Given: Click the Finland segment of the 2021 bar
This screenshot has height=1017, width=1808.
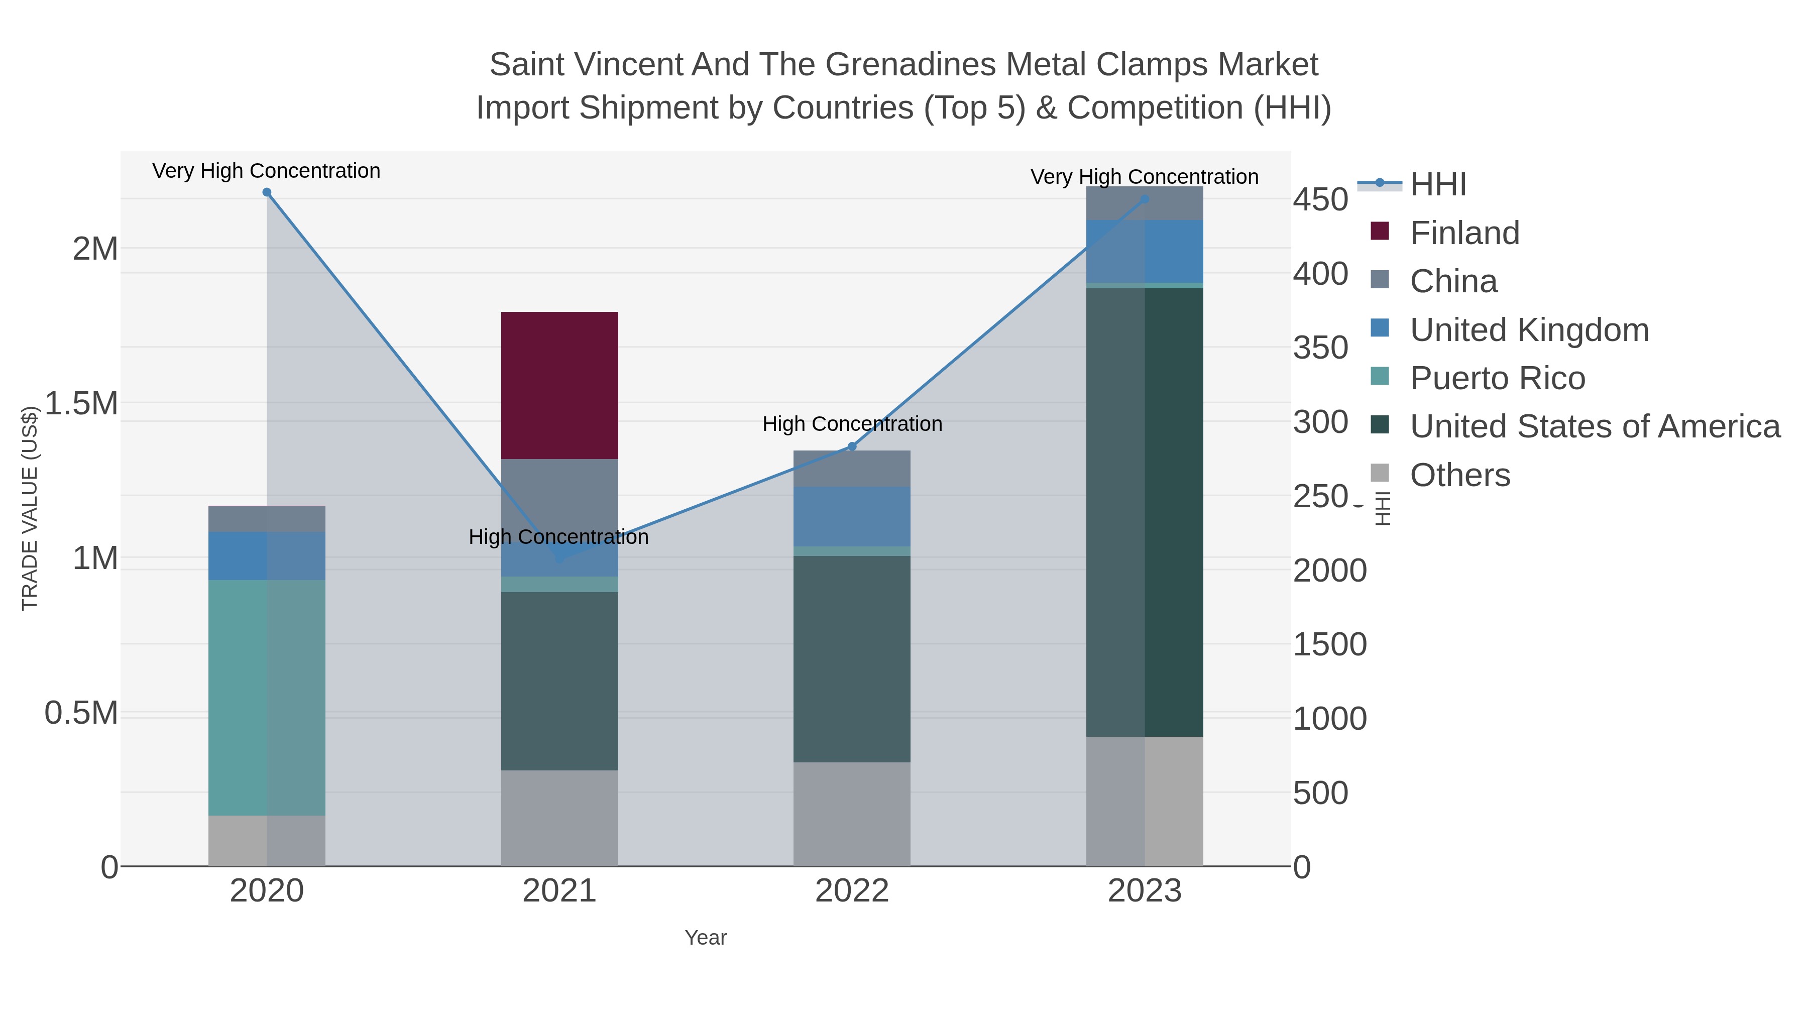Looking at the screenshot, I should pyautogui.click(x=559, y=385).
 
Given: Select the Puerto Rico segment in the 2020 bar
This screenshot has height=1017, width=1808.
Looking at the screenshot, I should pyautogui.click(x=267, y=697).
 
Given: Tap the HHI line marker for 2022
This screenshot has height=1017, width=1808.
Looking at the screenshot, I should pyautogui.click(x=852, y=446).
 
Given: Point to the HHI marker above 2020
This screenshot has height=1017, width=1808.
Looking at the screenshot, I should pyautogui.click(x=267, y=192).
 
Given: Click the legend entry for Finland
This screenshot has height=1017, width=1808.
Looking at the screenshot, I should pyautogui.click(x=1464, y=233).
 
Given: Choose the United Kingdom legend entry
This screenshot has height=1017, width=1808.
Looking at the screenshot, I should pyautogui.click(x=1529, y=330).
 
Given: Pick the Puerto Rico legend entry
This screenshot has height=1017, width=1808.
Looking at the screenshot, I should pyautogui.click(x=1497, y=378).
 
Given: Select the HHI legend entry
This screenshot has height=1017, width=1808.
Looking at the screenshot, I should pyautogui.click(x=1437, y=185).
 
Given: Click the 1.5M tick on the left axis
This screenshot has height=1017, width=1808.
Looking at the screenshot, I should pyautogui.click(x=81, y=404).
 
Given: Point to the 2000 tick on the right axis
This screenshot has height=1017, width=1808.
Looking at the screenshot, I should pyautogui.click(x=1329, y=571).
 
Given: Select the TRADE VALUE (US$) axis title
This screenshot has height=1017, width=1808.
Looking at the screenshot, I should pyautogui.click(x=30, y=508).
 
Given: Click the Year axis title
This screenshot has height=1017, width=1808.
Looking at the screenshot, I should pyautogui.click(x=706, y=938).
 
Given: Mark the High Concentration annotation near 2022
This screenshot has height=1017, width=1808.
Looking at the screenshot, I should pyautogui.click(x=852, y=424).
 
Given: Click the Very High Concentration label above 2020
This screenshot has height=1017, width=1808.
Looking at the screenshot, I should pyautogui.click(x=266, y=171).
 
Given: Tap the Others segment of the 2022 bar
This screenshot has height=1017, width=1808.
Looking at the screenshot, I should pyautogui.click(x=852, y=814).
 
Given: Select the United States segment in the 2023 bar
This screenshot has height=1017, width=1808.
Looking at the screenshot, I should pyautogui.click(x=1144, y=512).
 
